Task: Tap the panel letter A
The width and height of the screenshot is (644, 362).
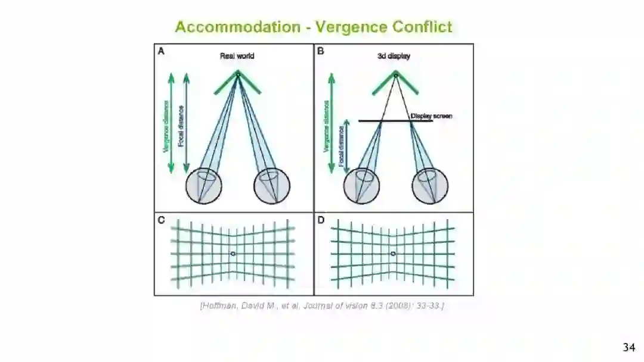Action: pyautogui.click(x=161, y=52)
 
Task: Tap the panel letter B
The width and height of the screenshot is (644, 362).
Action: pyautogui.click(x=321, y=52)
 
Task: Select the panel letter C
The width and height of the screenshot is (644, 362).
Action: pyautogui.click(x=161, y=220)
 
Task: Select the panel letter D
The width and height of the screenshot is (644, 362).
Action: pyautogui.click(x=321, y=220)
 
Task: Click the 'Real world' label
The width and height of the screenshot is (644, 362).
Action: pyautogui.click(x=237, y=56)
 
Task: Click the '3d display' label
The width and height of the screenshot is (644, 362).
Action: pyautogui.click(x=394, y=56)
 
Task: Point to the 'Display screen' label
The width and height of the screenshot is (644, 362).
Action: pyautogui.click(x=431, y=116)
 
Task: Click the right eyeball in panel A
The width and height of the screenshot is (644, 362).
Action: pyautogui.click(x=272, y=186)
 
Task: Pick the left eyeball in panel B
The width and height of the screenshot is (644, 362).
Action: pyautogui.click(x=361, y=186)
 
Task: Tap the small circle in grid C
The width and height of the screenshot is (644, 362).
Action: pyautogui.click(x=233, y=254)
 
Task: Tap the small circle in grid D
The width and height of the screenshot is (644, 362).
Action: pyautogui.click(x=392, y=254)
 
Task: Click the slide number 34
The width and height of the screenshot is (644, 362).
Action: pyautogui.click(x=628, y=347)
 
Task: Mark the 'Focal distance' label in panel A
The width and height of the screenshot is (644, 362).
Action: pyautogui.click(x=181, y=126)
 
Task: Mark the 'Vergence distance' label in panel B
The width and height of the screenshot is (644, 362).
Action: pyautogui.click(x=326, y=126)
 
